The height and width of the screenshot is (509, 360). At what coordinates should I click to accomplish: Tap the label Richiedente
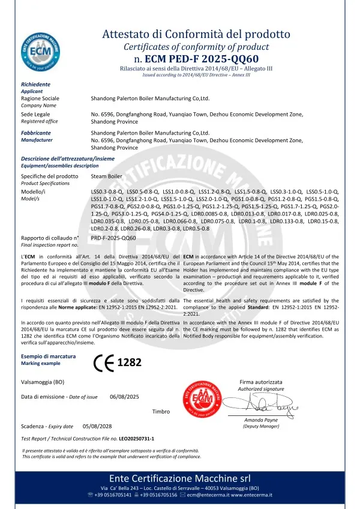click(35, 85)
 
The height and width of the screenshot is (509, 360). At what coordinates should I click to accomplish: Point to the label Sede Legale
click(35, 113)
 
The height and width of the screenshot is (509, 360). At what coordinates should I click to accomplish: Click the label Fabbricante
click(36, 132)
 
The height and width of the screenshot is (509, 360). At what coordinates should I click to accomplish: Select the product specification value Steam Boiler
click(107, 176)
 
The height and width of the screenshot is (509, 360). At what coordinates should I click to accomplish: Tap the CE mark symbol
click(103, 363)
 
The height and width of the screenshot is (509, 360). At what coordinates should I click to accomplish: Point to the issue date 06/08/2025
click(124, 397)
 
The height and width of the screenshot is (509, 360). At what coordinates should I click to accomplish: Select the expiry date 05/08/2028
click(97, 426)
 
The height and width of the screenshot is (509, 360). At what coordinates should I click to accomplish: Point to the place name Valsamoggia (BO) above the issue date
click(43, 381)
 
